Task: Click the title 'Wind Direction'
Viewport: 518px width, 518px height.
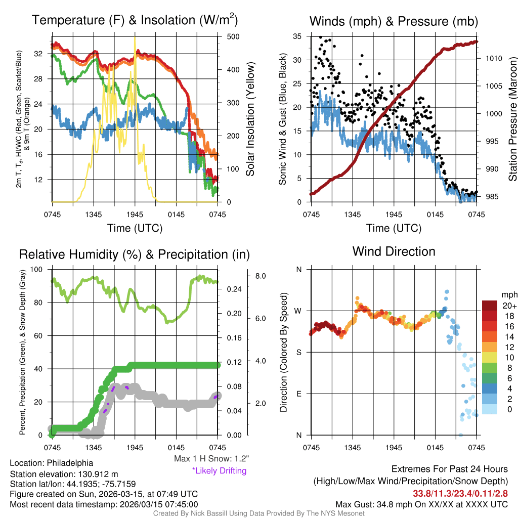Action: point(394,251)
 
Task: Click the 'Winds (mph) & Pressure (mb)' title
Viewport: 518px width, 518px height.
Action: point(394,21)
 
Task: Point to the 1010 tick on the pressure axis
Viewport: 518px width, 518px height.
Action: point(493,59)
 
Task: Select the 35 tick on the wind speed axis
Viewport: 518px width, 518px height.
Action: point(297,36)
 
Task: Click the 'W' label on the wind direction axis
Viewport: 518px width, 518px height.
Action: point(299,311)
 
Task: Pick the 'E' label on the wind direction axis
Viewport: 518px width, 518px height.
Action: point(299,394)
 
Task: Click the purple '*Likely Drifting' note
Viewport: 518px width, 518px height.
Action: point(219,471)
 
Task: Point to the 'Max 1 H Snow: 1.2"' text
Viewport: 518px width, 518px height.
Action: point(211,459)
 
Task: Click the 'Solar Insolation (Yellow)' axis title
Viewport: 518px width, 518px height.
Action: point(250,119)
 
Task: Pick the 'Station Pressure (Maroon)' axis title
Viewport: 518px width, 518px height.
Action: point(512,119)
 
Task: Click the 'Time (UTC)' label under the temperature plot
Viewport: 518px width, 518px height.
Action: point(135,228)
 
